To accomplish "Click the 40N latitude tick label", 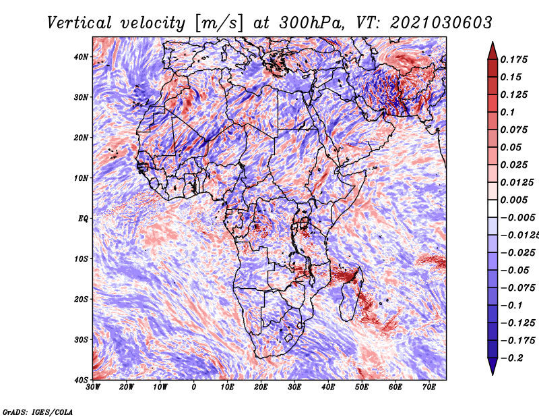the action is pyautogui.click(x=81, y=57).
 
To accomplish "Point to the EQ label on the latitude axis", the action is pyautogui.click(x=83, y=219).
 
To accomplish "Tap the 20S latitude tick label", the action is pyautogui.click(x=81, y=299).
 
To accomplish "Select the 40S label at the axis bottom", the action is pyautogui.click(x=81, y=380).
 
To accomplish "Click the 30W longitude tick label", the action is pyautogui.click(x=93, y=387).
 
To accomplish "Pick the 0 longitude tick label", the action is pyautogui.click(x=194, y=387).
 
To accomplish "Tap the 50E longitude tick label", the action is pyautogui.click(x=362, y=387).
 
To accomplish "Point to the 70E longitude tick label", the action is pyautogui.click(x=429, y=387).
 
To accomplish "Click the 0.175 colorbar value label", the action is pyautogui.click(x=514, y=59).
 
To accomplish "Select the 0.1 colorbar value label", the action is pyautogui.click(x=508, y=112).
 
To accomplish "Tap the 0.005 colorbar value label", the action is pyautogui.click(x=514, y=200).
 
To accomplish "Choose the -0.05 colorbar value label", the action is pyautogui.click(x=517, y=271).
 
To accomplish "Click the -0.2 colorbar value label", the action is pyautogui.click(x=511, y=358).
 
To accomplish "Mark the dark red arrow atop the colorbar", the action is pyautogui.click(x=493, y=51).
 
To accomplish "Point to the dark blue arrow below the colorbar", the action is pyautogui.click(x=493, y=366).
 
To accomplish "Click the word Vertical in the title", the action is pyautogui.click(x=80, y=23).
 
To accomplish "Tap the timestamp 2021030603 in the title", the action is pyautogui.click(x=441, y=23).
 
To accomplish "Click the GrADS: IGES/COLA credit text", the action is pyautogui.click(x=38, y=412).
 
